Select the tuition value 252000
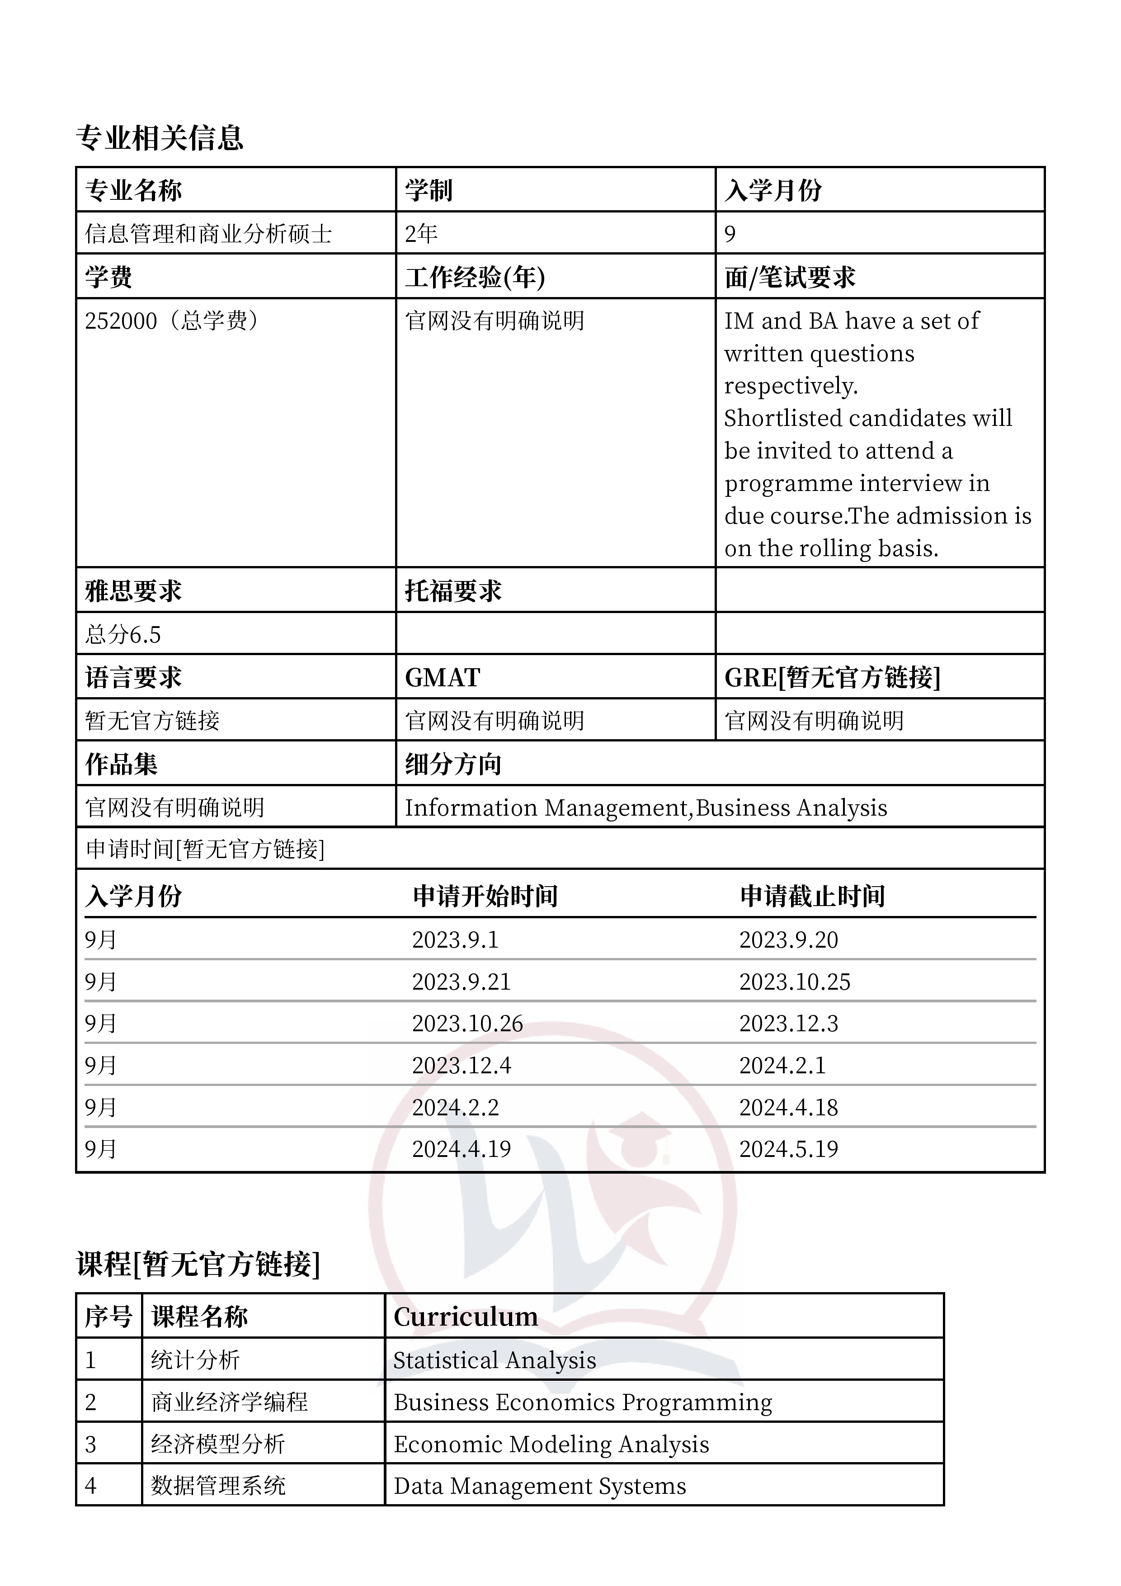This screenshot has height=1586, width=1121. point(121,321)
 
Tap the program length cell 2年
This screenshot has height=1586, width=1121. point(421,233)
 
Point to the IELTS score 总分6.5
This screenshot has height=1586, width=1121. point(123,634)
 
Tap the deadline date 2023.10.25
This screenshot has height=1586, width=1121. point(794,982)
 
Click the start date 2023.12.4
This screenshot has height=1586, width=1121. point(462,1065)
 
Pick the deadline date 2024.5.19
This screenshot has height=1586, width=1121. point(788,1149)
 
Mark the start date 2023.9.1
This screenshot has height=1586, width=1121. point(455,939)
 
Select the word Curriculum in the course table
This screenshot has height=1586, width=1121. point(466,1317)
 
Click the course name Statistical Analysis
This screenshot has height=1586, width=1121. point(495,1360)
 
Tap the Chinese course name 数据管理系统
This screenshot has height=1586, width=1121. point(218,1485)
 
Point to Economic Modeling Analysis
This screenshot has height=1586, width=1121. point(551,1444)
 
